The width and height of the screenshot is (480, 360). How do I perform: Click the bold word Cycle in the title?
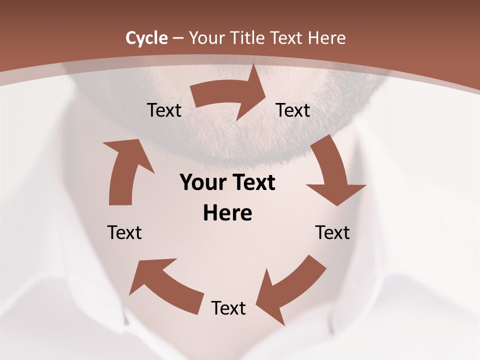146,38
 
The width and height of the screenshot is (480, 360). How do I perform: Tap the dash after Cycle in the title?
178,38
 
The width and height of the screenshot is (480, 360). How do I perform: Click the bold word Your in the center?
202,183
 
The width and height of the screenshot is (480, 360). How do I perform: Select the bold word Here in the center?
227,213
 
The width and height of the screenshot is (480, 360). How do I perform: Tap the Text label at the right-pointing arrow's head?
293,110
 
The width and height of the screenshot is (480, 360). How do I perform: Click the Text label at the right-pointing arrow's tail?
164,110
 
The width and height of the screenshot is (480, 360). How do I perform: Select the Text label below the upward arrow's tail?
124,232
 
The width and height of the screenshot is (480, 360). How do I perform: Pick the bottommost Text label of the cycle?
228,308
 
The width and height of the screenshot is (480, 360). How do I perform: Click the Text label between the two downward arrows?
332,232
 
